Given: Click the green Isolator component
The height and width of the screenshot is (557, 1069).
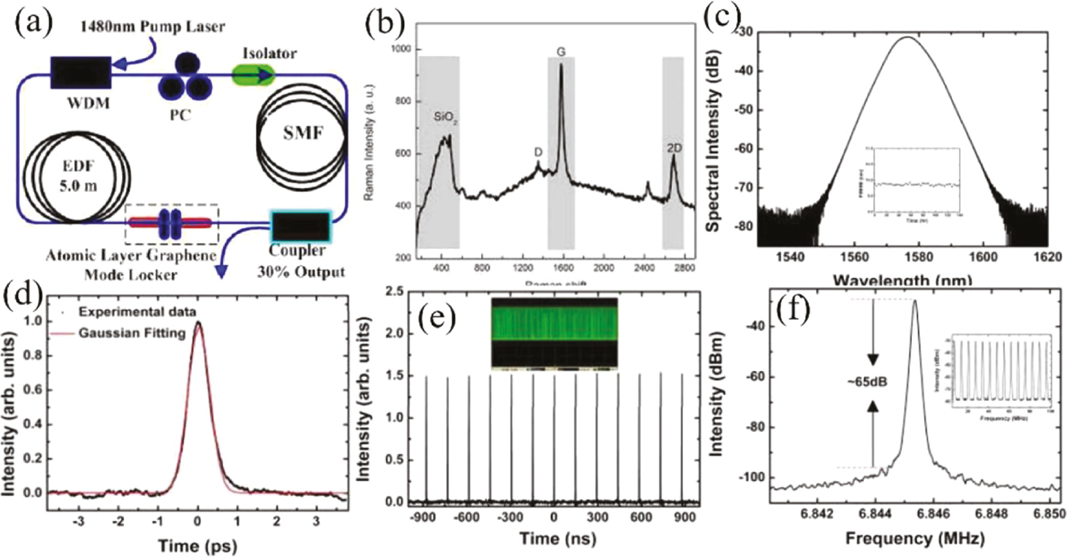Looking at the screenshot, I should pyautogui.click(x=254, y=75).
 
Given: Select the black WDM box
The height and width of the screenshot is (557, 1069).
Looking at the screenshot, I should pyautogui.click(x=81, y=73).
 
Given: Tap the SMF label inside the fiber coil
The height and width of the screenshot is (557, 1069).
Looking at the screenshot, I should pyautogui.click(x=303, y=132).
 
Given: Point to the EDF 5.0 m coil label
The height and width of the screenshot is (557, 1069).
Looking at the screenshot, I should pyautogui.click(x=78, y=176).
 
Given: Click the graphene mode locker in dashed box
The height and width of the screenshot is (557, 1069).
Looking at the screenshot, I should pyautogui.click(x=171, y=224).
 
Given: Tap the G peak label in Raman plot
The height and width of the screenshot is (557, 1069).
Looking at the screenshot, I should pyautogui.click(x=561, y=52).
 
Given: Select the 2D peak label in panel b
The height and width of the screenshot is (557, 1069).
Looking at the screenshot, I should pyautogui.click(x=674, y=148).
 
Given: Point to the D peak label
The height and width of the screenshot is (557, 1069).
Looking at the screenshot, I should pyautogui.click(x=538, y=152).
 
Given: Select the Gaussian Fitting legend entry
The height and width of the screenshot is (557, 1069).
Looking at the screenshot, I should pyautogui.click(x=131, y=333).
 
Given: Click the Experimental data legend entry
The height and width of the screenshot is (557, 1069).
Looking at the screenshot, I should pyautogui.click(x=137, y=311).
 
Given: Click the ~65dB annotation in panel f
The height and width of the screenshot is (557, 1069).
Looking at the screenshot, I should pyautogui.click(x=867, y=382).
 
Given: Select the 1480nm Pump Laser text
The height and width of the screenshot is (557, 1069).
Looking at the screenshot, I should pyautogui.click(x=153, y=26).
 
